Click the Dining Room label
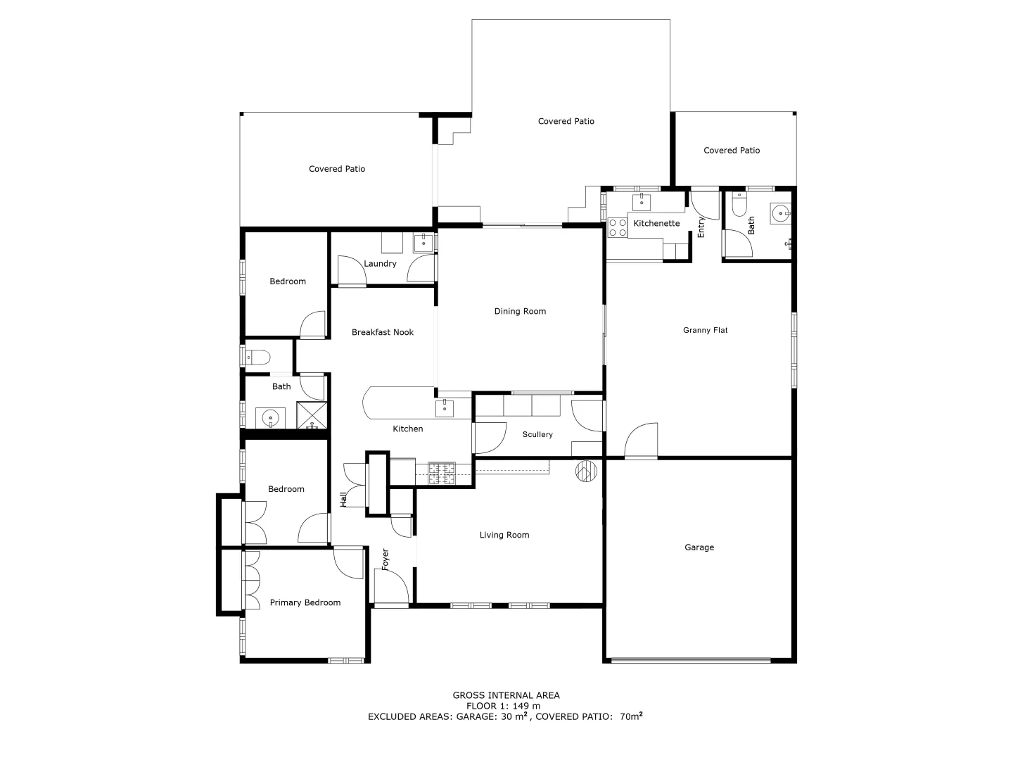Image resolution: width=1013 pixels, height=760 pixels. click(520, 311)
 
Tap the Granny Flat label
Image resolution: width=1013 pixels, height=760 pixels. click(705, 330)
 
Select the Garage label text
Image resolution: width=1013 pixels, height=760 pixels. click(699, 547)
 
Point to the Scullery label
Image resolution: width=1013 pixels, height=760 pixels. click(537, 435)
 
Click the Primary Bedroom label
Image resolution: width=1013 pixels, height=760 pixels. click(305, 603)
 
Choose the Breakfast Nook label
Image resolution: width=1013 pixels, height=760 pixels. click(383, 332)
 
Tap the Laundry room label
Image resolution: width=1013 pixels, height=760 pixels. click(380, 264)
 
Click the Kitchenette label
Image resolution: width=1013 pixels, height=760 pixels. click(656, 224)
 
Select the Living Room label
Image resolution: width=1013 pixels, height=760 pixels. click(504, 536)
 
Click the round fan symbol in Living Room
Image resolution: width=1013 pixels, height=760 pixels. click(586, 471)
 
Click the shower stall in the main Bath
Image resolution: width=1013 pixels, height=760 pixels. click(312, 415)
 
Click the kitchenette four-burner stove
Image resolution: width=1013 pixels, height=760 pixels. click(618, 227)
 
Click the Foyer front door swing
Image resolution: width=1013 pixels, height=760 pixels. click(390, 586)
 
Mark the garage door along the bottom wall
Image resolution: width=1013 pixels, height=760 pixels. click(691, 660)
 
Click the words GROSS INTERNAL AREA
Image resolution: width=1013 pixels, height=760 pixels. click(506, 695)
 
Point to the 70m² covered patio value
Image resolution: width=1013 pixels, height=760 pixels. click(631, 717)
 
